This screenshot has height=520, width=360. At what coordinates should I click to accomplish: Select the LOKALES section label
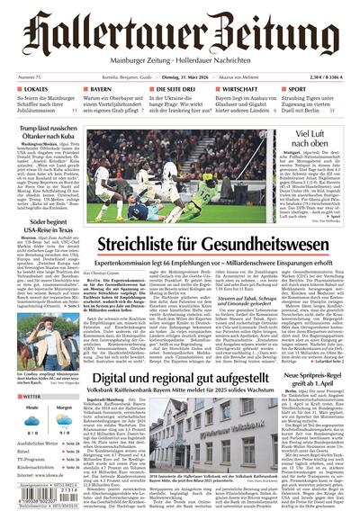tap(33, 91)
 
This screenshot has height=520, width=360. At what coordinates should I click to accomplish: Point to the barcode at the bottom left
tap(40, 500)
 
